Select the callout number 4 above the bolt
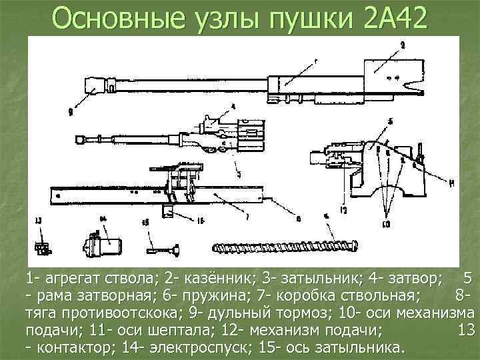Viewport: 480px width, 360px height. click(x=233, y=107)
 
